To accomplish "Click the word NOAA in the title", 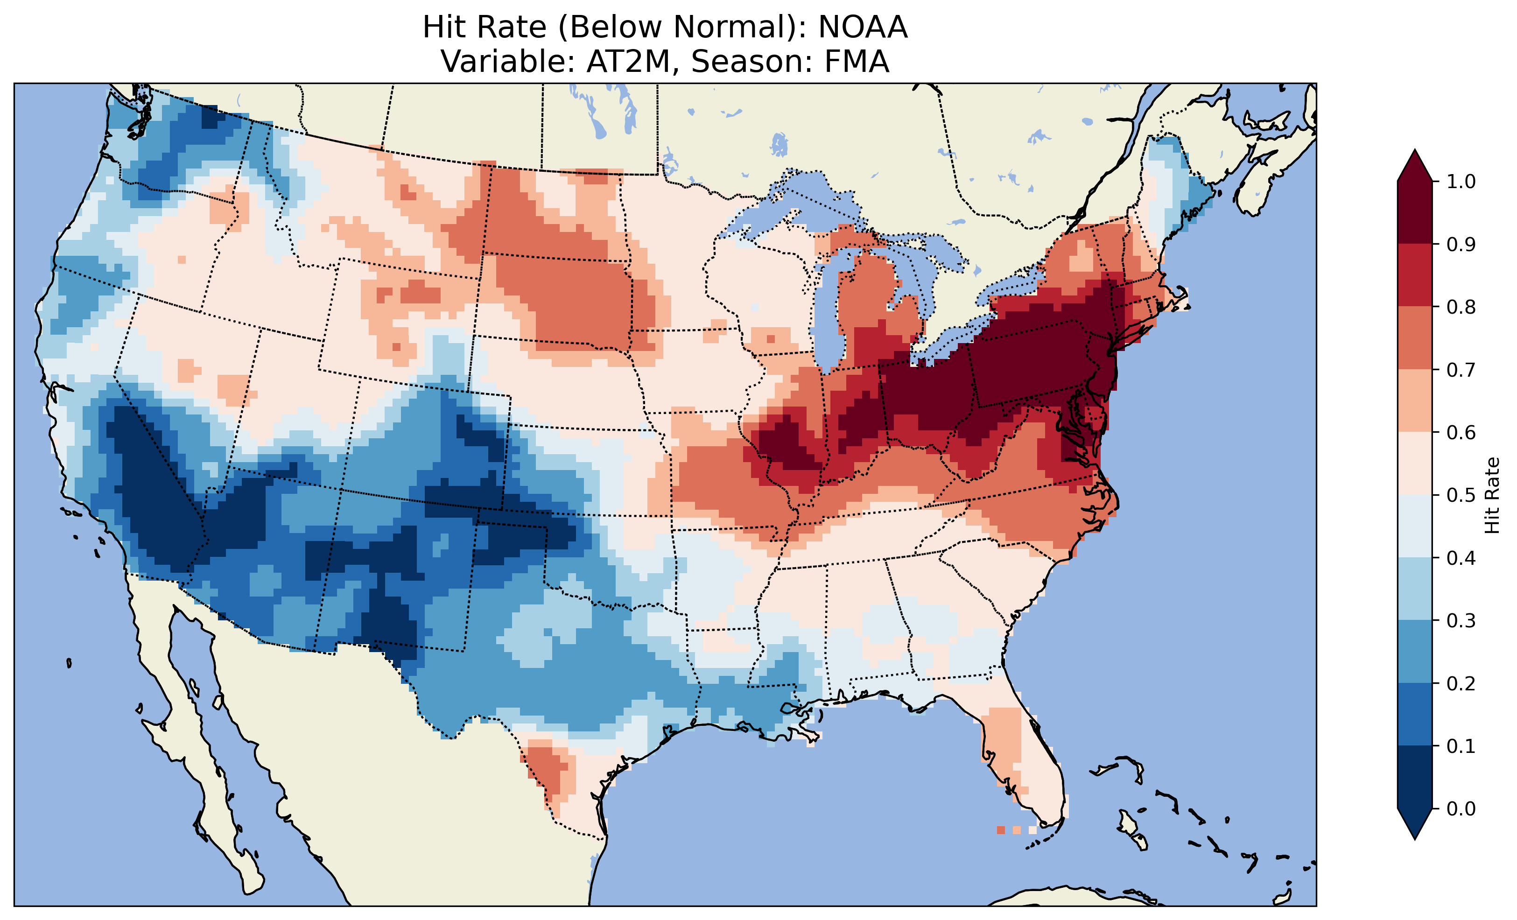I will pyautogui.click(x=863, y=28).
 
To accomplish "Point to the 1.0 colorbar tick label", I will pyautogui.click(x=1461, y=182).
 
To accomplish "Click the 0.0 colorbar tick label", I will pyautogui.click(x=1461, y=808).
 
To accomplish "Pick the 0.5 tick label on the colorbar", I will pyautogui.click(x=1461, y=495).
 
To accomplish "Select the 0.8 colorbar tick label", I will pyautogui.click(x=1461, y=307).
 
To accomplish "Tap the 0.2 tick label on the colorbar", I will pyautogui.click(x=1461, y=683).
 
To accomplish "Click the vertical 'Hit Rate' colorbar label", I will pyautogui.click(x=1492, y=495).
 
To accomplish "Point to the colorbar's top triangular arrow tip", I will pyautogui.click(x=1415, y=151).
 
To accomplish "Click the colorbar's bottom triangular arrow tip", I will pyautogui.click(x=1415, y=838).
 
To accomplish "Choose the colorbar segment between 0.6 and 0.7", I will pyautogui.click(x=1415, y=400).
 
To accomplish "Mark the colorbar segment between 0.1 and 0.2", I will pyautogui.click(x=1415, y=714).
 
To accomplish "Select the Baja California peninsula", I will pyautogui.click(x=185, y=739).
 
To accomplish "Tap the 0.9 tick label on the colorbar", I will pyautogui.click(x=1461, y=245).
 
